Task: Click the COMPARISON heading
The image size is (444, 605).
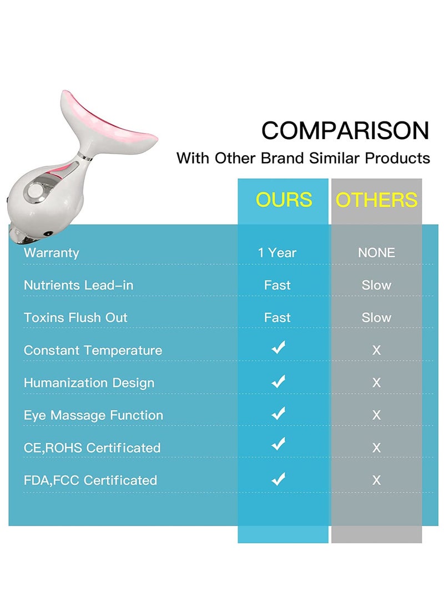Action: click(345, 131)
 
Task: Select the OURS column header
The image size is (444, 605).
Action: click(284, 200)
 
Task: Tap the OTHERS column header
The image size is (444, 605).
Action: click(376, 200)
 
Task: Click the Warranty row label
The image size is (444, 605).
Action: click(52, 253)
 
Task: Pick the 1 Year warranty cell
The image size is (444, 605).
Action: click(277, 253)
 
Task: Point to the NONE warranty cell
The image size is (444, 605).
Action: click(376, 253)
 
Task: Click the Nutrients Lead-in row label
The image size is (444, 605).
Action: click(78, 285)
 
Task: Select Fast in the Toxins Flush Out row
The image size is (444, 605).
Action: click(277, 318)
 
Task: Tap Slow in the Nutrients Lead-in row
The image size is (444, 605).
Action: click(376, 285)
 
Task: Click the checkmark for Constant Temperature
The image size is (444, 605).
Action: click(278, 348)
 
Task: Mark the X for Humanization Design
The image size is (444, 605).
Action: click(376, 383)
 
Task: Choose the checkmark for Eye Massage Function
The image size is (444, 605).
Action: click(278, 413)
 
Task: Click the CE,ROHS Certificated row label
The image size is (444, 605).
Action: click(92, 448)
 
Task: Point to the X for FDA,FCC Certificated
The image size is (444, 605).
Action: click(376, 480)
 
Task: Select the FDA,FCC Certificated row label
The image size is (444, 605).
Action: click(90, 480)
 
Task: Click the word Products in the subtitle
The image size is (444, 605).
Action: click(397, 158)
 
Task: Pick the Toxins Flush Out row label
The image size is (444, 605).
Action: click(75, 318)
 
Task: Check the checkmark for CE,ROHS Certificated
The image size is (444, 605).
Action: click(278, 445)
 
